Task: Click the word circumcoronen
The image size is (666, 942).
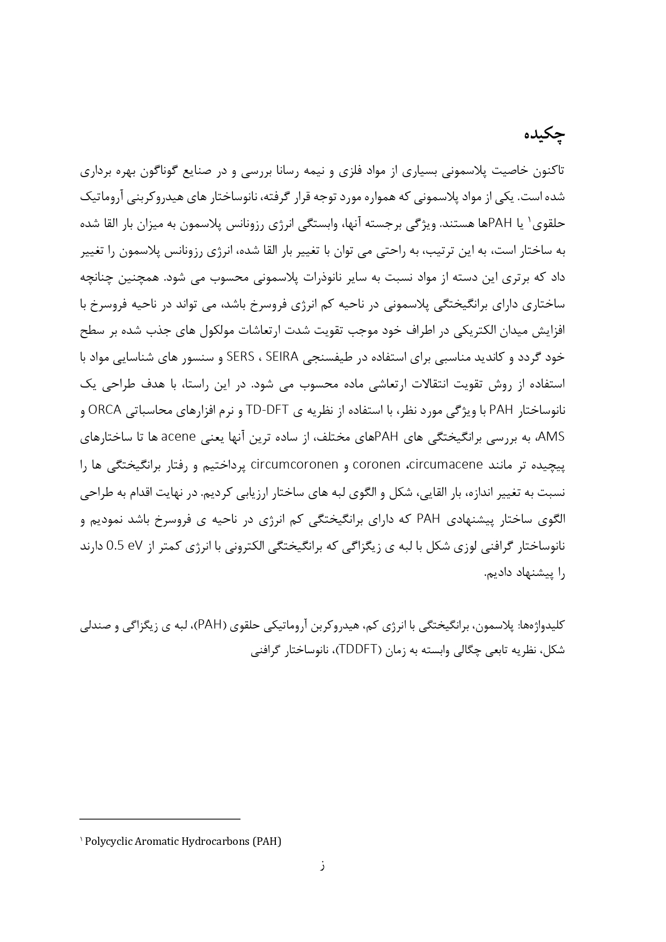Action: tap(294, 464)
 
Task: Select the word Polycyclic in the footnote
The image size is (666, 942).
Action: tap(106, 841)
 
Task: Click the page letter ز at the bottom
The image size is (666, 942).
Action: tap(322, 866)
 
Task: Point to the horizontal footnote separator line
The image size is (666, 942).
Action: tap(159, 819)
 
